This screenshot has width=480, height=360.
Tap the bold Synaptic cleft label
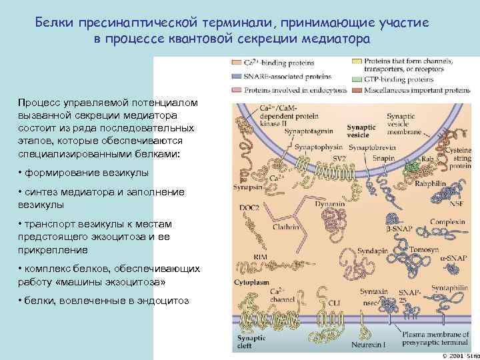tap(250, 343)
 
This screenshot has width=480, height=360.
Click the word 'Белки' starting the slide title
tap(56, 23)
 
